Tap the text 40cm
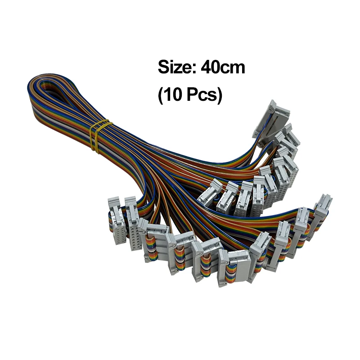point(223,68)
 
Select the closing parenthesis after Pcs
point(219,96)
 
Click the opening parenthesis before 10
point(161,96)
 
